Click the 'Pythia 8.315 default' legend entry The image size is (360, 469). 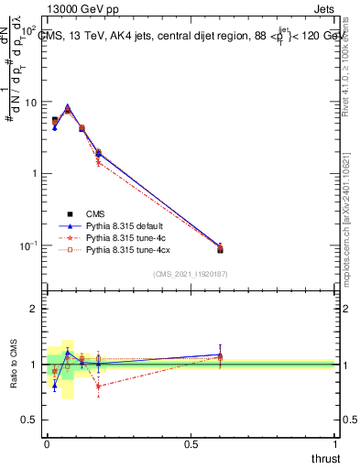[x=125, y=224]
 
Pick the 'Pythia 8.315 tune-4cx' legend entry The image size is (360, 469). [x=126, y=248]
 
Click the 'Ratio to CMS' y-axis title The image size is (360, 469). [x=14, y=365]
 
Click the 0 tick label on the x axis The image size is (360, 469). [x=47, y=444]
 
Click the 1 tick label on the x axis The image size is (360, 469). [x=335, y=444]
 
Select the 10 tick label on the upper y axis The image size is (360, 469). [x=30, y=103]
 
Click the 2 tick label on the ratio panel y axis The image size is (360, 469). [x=35, y=310]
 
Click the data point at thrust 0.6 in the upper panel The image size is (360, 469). [x=220, y=249]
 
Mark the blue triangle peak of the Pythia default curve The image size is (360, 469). [x=68, y=107]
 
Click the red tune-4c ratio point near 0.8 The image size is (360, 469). [x=98, y=387]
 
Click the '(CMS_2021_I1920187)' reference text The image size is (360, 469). [x=191, y=274]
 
